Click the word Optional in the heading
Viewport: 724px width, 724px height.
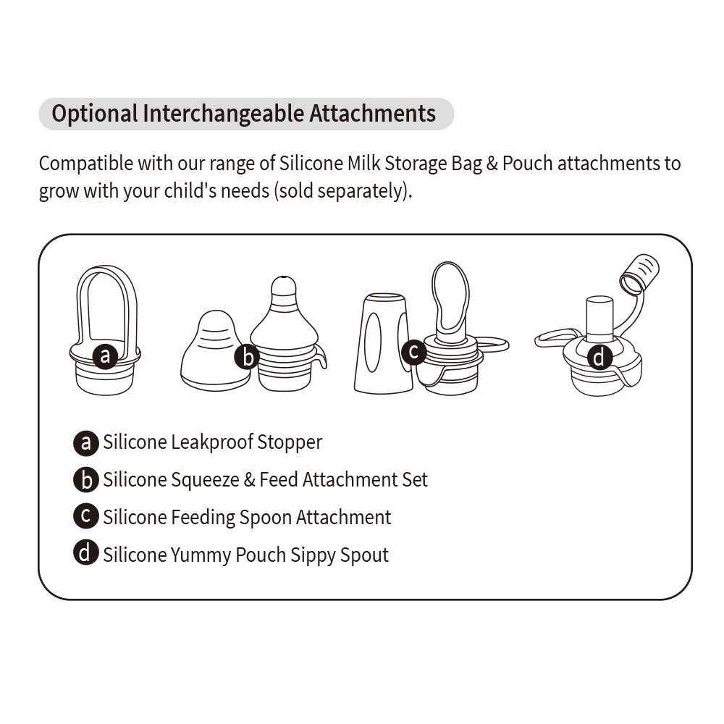(x=95, y=114)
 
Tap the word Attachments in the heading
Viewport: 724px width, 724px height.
(x=373, y=114)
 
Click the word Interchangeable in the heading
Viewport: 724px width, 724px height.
(x=224, y=114)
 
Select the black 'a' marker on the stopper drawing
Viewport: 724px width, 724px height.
(x=105, y=355)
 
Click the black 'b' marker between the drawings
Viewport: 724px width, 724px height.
(x=248, y=358)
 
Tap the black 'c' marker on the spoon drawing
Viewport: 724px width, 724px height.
(x=414, y=353)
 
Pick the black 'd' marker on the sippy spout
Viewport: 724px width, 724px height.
(x=599, y=358)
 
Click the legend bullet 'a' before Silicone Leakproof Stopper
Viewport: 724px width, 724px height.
(x=86, y=443)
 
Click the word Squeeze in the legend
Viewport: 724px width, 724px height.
(x=205, y=480)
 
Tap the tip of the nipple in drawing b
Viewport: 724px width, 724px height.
(x=283, y=280)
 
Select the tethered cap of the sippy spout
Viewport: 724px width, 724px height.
(x=640, y=274)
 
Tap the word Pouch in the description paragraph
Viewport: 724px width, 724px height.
(x=527, y=164)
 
